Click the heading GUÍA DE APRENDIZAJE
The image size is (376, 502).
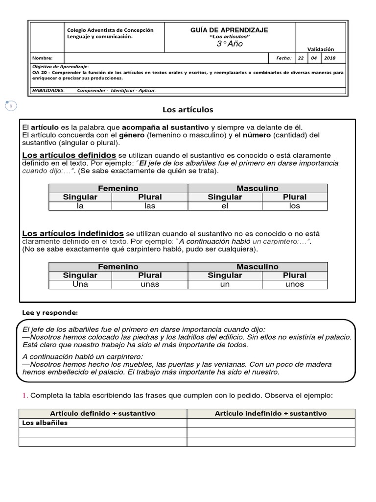[x=229, y=30]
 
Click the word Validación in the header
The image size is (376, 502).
[x=321, y=49]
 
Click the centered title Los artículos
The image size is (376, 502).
[x=188, y=109]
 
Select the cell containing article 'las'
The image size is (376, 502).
[x=150, y=206]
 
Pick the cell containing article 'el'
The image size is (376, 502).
[x=225, y=206]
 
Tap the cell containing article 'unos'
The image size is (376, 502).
[x=294, y=284]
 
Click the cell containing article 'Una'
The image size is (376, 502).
[x=80, y=284]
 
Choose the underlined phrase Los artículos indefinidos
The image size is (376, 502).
[x=73, y=233]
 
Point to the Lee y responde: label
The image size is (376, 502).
[x=50, y=312]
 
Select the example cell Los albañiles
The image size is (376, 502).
[x=45, y=423]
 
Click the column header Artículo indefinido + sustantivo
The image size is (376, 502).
[x=271, y=413]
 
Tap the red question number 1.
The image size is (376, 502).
[x=24, y=395]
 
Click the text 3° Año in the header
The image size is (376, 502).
[x=229, y=44]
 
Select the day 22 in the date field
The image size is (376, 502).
[x=301, y=58]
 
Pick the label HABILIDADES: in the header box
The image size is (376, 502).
[x=47, y=90]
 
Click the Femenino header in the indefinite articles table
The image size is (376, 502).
[x=118, y=267]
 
